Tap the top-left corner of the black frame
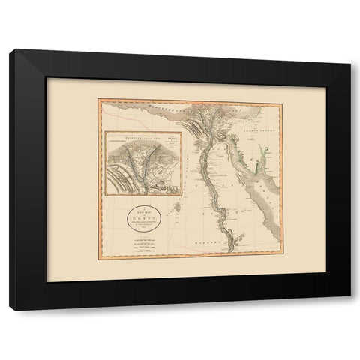(x=10, y=50)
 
